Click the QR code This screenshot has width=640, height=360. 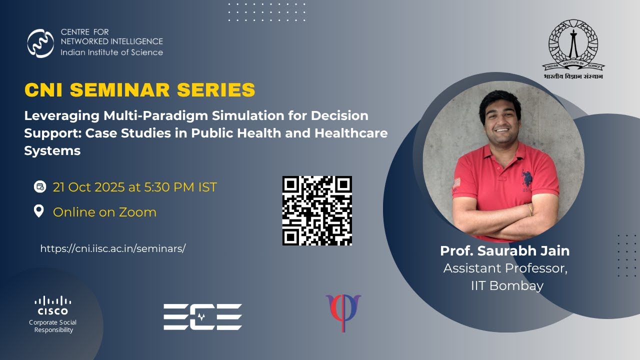coord(317,210)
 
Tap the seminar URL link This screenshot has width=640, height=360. coord(112,248)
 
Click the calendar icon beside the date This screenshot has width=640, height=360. coord(39,187)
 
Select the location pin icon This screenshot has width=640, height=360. coord(39,211)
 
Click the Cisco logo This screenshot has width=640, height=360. coord(53,305)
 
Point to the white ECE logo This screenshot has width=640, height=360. coord(202,316)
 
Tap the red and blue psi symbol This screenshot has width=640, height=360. coord(343,311)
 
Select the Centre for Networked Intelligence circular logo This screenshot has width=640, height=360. coord(40,43)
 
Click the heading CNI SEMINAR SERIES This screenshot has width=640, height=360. coord(139,90)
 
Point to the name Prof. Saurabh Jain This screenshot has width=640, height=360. coord(505,250)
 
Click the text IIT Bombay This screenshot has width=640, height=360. coord(507,285)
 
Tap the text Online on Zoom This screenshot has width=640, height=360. coord(104,212)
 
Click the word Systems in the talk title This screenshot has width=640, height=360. coord(52,150)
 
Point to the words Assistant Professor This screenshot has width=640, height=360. coord(505,268)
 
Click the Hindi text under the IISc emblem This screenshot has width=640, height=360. coord(573,76)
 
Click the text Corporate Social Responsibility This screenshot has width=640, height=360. coord(53,326)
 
